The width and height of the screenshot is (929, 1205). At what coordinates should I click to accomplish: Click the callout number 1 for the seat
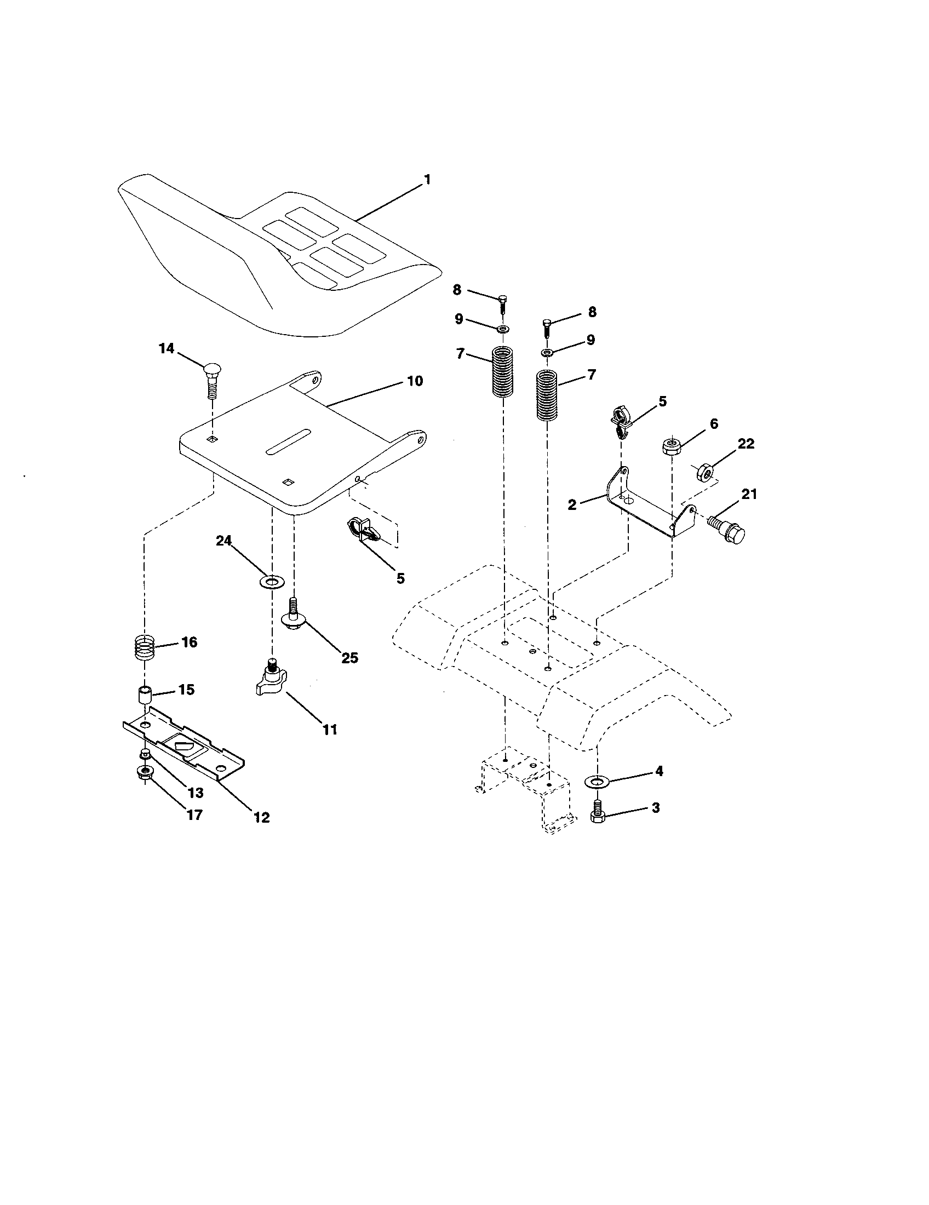pos(427,180)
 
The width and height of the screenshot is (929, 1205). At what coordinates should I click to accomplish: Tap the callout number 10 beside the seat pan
pos(414,381)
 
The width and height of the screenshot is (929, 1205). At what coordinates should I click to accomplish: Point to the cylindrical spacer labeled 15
pos(145,694)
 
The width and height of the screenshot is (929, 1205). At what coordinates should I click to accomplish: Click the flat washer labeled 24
pos(271,582)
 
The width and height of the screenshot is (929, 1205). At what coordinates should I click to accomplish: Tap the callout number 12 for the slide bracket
pos(261,818)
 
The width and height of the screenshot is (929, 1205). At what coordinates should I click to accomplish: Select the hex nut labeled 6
pos(671,445)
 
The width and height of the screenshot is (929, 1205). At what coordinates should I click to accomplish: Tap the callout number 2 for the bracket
pos(572,504)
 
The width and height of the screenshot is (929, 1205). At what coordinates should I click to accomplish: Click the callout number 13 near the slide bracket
pos(196,793)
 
